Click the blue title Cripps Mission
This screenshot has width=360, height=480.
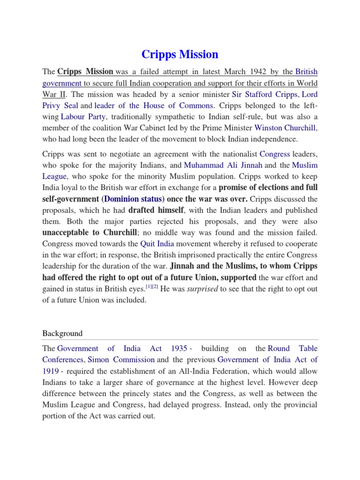point(180,54)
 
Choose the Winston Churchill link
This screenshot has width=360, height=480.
point(285,128)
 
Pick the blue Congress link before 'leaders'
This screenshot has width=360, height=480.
point(274,154)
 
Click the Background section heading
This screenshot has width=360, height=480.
point(62,333)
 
